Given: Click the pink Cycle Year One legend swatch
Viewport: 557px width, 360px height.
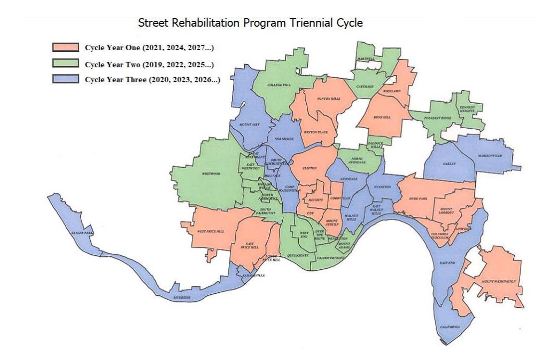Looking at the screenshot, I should coord(65,48).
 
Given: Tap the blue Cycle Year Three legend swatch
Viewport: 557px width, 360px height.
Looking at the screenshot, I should coord(65,80).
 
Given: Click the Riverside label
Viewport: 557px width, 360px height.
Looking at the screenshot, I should coord(182,298).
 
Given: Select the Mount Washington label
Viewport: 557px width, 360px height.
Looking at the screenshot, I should coord(498,281).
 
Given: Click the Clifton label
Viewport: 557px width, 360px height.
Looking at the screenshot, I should coord(310,168).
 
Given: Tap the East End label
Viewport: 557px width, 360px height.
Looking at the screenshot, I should coord(447,262).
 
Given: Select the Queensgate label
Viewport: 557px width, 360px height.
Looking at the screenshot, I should coord(298,256).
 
